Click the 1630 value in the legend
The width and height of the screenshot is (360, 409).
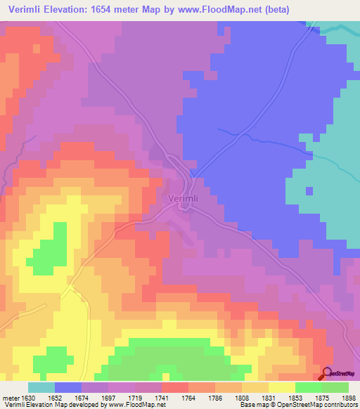[29, 398]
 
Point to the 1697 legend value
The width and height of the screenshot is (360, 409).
[109, 398]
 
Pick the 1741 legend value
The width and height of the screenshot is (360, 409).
[162, 398]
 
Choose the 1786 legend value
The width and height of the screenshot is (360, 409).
[216, 398]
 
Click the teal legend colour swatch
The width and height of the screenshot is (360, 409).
[41, 387]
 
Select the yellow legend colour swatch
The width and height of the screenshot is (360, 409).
[281, 387]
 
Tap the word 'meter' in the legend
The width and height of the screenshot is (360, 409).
[11, 398]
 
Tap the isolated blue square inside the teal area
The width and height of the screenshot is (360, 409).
[309, 190]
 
